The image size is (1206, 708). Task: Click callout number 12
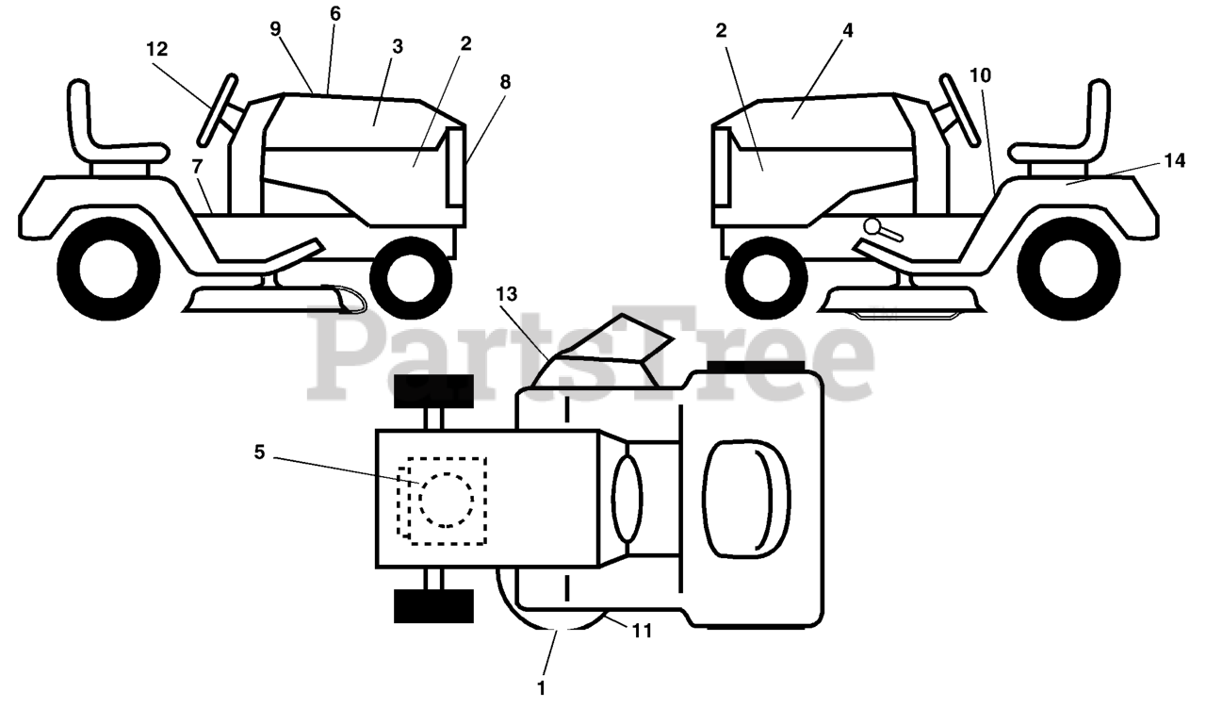click(157, 47)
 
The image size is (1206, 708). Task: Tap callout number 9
click(275, 29)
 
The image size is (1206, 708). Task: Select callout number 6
click(335, 14)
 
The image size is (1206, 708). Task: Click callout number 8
click(505, 82)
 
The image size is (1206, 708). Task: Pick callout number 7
click(197, 166)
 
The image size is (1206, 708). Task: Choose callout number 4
click(848, 30)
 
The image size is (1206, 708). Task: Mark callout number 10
click(980, 75)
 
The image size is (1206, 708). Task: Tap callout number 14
click(1173, 161)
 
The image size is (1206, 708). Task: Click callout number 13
click(508, 295)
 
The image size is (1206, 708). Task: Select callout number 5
click(260, 453)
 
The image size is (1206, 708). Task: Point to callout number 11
click(642, 631)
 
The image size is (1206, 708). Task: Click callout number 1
click(541, 689)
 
